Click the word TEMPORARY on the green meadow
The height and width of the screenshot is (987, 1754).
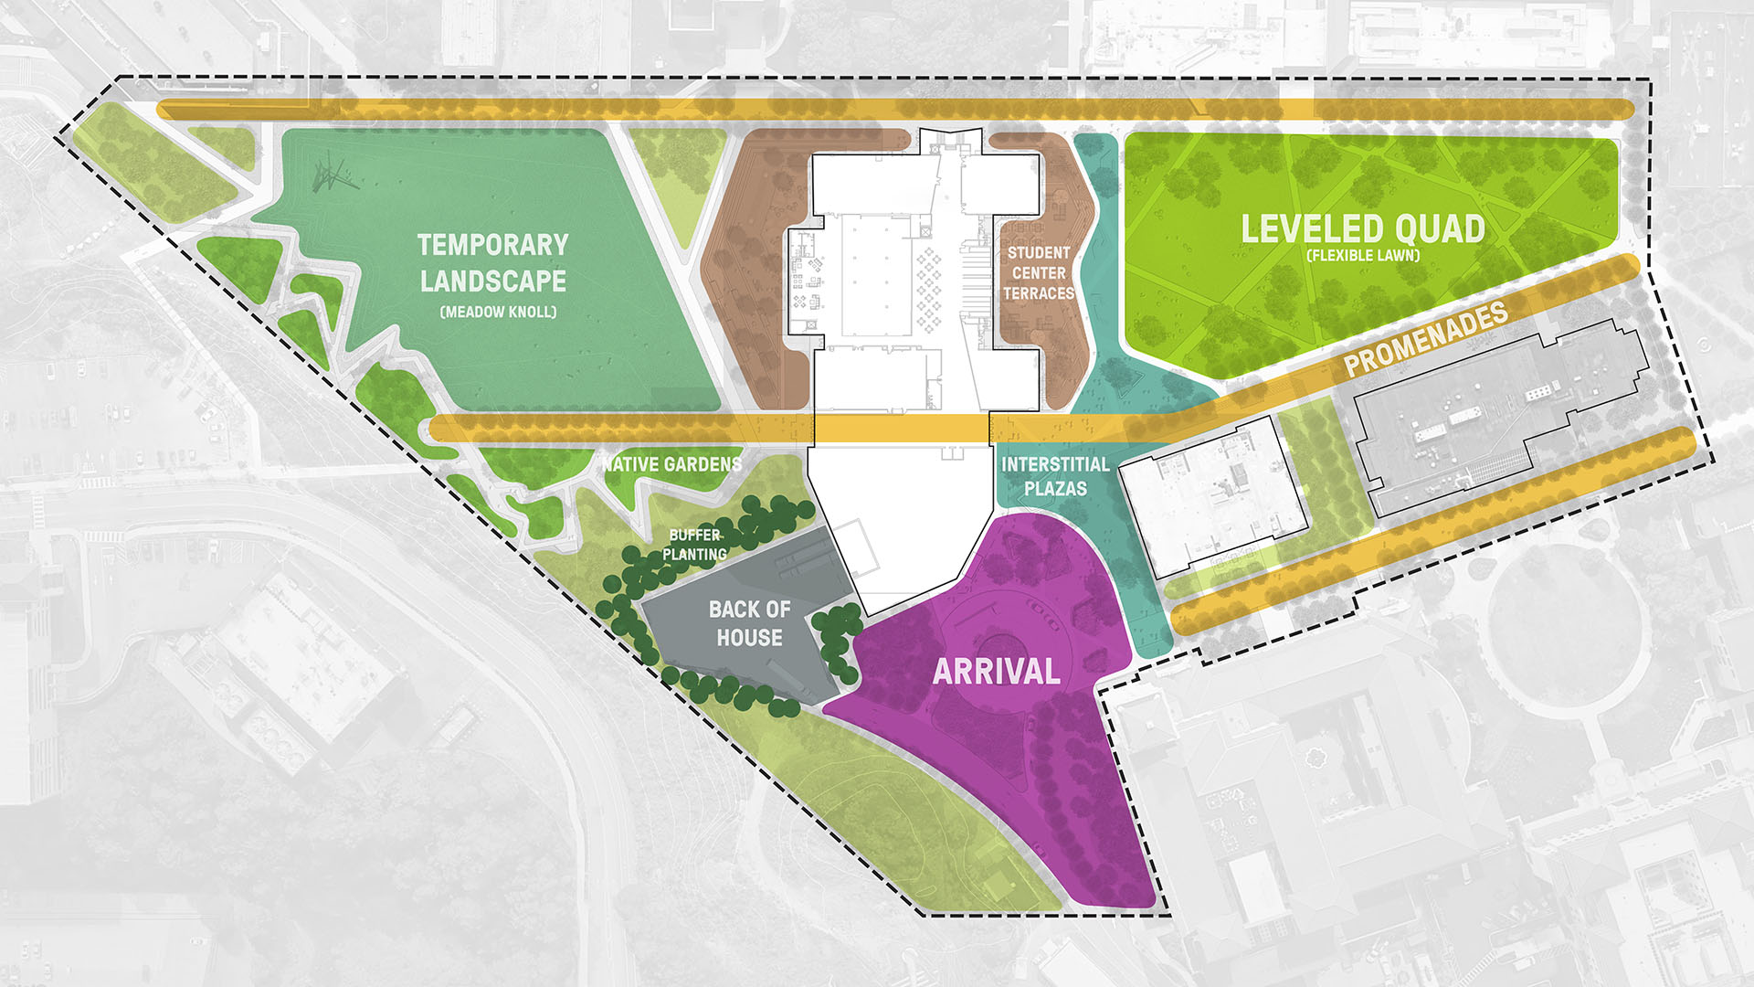tap(492, 245)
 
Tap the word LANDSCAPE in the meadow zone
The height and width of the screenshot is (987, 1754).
tap(492, 281)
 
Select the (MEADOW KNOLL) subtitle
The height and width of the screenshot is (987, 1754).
tap(498, 312)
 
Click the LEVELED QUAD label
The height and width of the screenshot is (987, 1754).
tap(1363, 228)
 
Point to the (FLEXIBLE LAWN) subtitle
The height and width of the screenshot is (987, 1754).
tap(1363, 256)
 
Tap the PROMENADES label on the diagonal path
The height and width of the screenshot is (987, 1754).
tap(1426, 338)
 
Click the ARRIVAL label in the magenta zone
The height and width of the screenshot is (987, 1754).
tap(996, 672)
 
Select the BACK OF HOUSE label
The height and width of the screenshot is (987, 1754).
tap(749, 623)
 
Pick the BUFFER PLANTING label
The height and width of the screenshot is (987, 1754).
tap(695, 545)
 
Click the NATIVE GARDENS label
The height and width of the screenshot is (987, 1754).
tap(672, 464)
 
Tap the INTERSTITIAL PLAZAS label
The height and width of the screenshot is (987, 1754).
tap(1055, 476)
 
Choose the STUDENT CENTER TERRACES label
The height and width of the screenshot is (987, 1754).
tap(1039, 272)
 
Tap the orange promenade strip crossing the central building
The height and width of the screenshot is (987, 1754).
tap(900, 428)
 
